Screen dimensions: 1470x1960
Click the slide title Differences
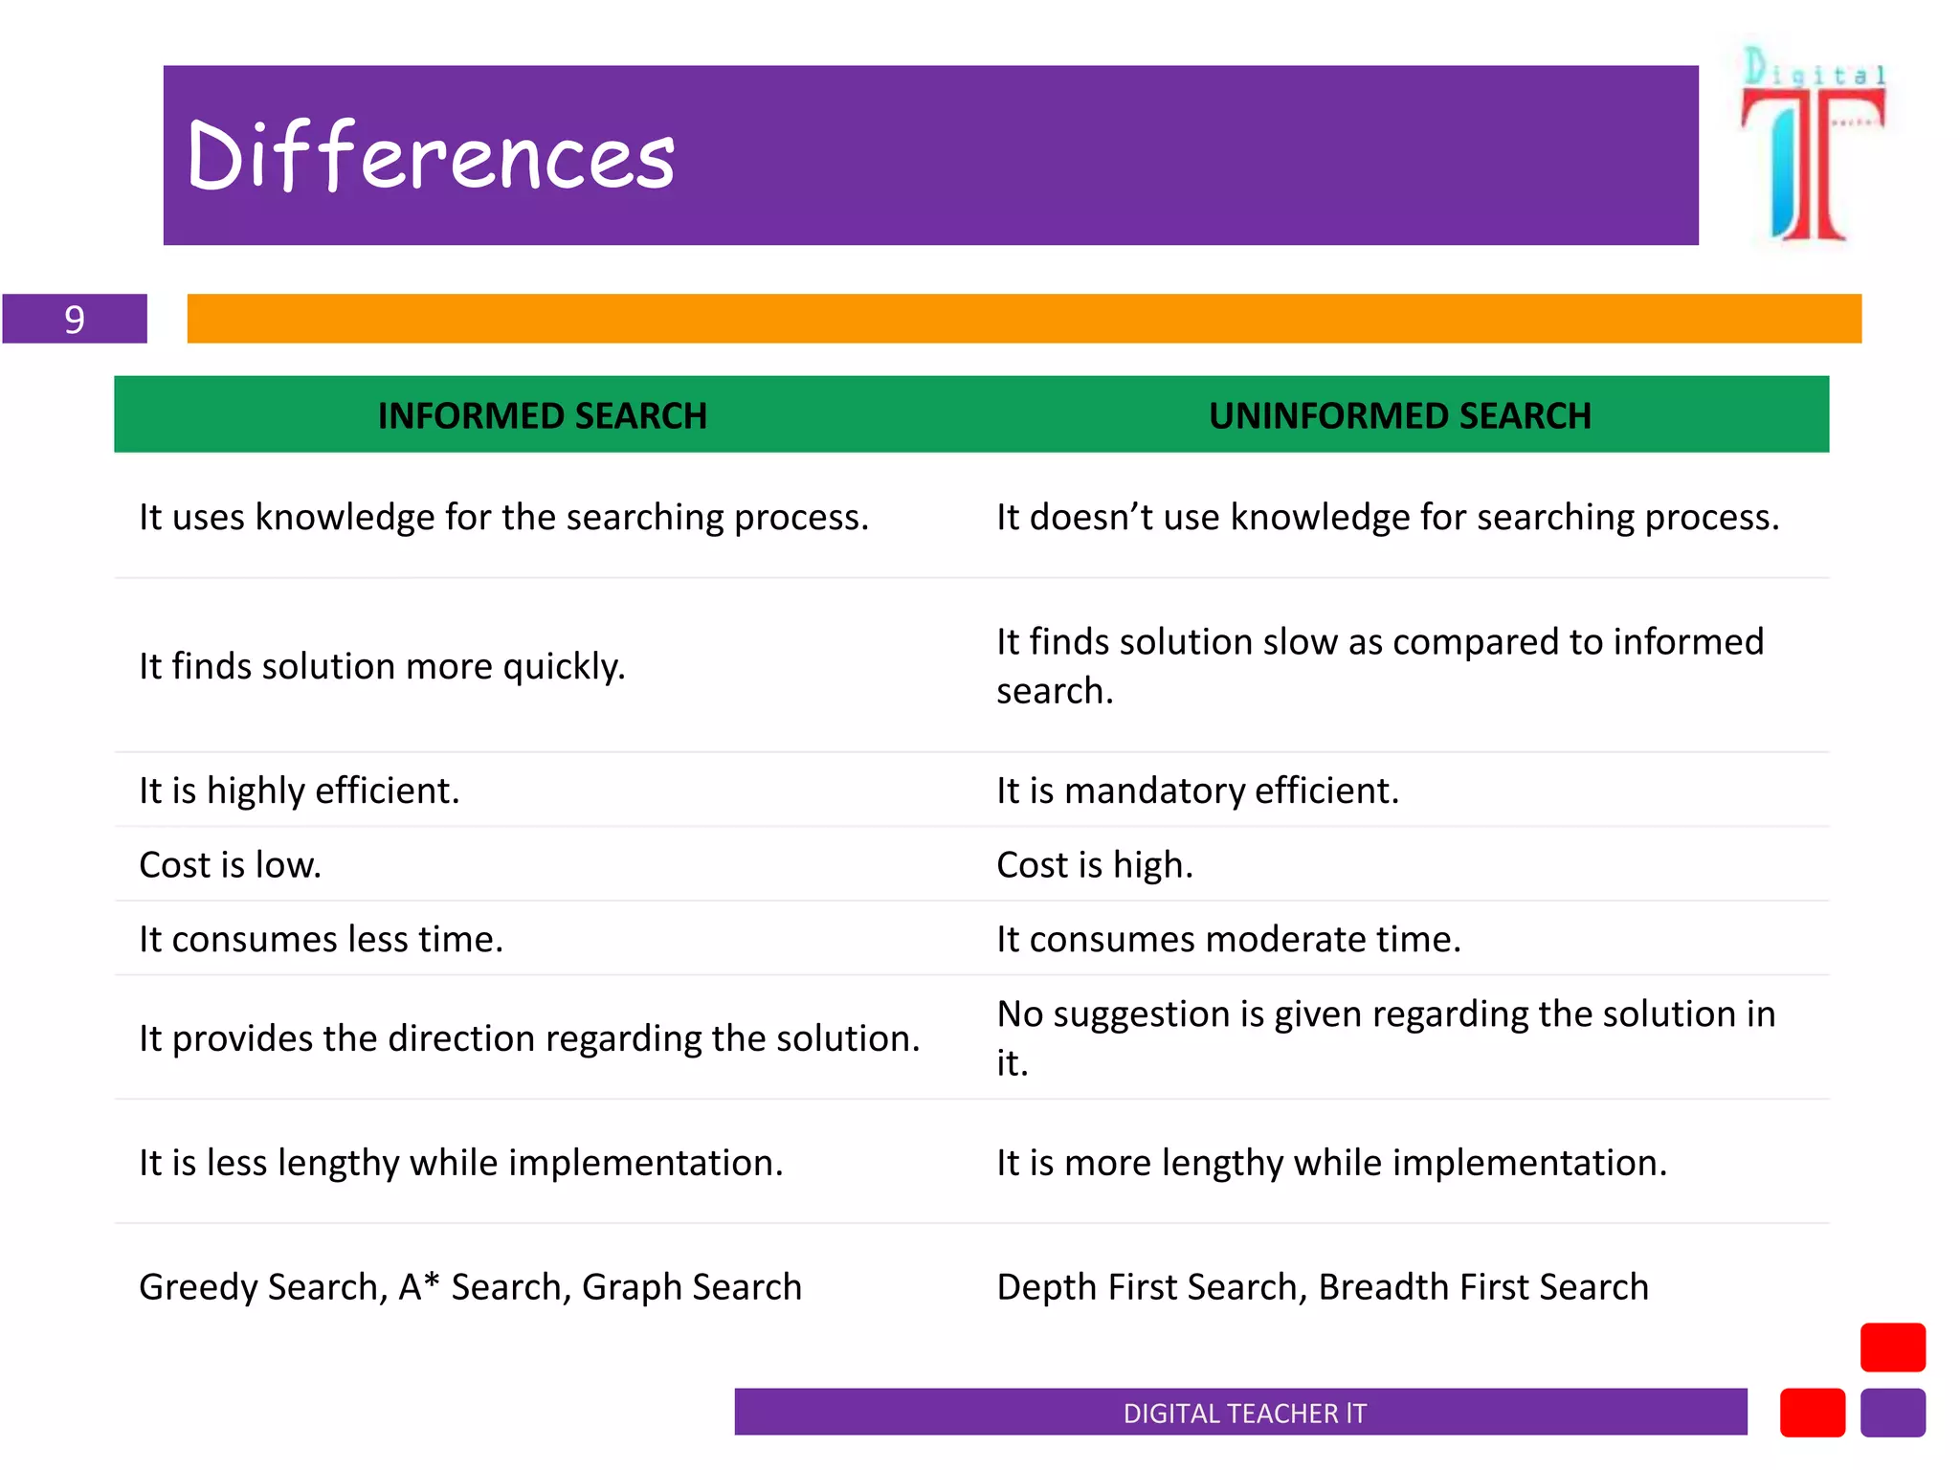coord(431,156)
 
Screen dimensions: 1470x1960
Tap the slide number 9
coord(75,319)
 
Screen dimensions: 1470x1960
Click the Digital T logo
coord(1812,144)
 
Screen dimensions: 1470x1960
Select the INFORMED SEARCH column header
coord(542,416)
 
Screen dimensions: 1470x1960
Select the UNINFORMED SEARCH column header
coord(1399,416)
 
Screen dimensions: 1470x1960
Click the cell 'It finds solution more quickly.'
coord(382,666)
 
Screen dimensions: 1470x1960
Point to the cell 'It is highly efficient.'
coord(300,791)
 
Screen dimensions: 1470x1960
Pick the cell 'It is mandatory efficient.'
coord(1197,791)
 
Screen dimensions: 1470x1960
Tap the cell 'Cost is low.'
coord(230,865)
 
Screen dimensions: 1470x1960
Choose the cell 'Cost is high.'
coord(1095,865)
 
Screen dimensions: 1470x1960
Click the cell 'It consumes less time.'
coord(321,939)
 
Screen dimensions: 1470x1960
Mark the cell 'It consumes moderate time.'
coord(1229,939)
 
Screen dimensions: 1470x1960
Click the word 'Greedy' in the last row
coord(198,1287)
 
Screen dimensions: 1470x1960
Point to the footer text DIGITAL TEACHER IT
coord(1244,1413)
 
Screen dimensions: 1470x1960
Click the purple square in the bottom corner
coord(1892,1413)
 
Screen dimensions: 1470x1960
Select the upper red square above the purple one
coord(1892,1347)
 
